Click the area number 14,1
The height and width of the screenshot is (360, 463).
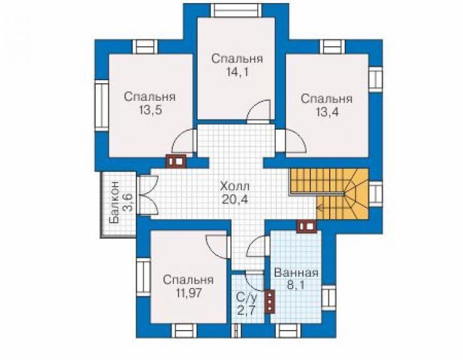coord(237,72)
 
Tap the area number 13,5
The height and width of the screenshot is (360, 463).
coord(151,110)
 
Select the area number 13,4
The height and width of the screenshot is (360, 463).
coord(327,112)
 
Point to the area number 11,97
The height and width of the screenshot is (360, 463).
coord(188,293)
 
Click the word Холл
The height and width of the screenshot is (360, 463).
coord(235,187)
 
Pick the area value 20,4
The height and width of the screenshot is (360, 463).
coord(235,200)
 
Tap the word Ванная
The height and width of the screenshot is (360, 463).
coord(297,272)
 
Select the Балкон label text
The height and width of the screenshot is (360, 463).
coord(114,202)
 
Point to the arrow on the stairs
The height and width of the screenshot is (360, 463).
coord(331,208)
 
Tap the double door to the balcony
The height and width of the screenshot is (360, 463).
coord(148,195)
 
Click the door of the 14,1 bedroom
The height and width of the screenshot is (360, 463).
coord(259,111)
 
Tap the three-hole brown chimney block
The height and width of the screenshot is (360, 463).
coord(270,301)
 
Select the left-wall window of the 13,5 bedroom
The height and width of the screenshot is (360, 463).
coord(102,106)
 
